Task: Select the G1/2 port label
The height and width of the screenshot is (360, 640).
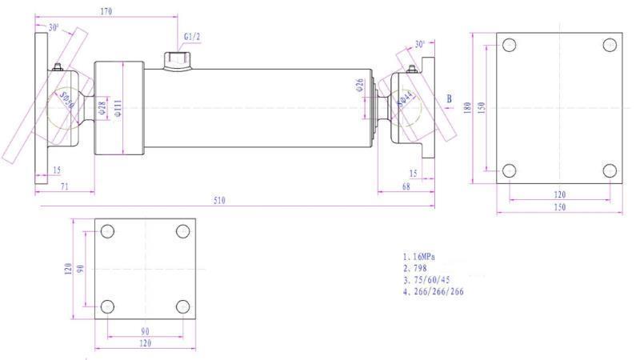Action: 192,37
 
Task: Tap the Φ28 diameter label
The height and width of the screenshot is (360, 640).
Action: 102,109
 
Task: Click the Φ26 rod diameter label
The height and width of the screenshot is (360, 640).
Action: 360,85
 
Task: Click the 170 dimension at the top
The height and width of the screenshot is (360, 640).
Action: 106,12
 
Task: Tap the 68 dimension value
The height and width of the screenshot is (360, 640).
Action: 407,186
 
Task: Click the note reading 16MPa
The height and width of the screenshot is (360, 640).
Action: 424,257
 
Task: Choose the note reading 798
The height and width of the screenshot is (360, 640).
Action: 418,268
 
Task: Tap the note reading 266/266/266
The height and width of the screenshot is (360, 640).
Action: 435,292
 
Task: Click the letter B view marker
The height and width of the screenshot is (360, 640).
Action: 449,100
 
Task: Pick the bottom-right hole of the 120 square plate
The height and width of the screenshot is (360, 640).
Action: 182,306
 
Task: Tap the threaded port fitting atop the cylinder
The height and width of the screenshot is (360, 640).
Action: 176,60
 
